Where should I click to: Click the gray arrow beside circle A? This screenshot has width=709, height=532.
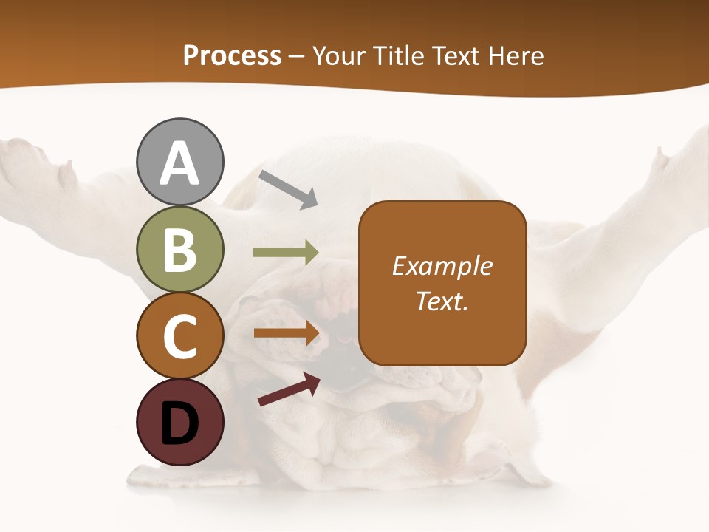point(288,188)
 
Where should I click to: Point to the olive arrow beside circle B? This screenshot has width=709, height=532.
point(286,253)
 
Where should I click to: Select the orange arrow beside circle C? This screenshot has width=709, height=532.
point(287,333)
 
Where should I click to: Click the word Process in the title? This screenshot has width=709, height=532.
point(232,55)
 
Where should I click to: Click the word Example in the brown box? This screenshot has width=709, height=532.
point(442,266)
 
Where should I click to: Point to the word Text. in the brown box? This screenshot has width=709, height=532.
point(442,301)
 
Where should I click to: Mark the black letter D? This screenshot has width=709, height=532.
point(180,423)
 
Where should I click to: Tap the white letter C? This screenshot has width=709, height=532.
point(180,337)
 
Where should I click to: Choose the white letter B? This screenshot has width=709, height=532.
point(180,250)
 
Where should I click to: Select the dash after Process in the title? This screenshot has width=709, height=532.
point(297,56)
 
